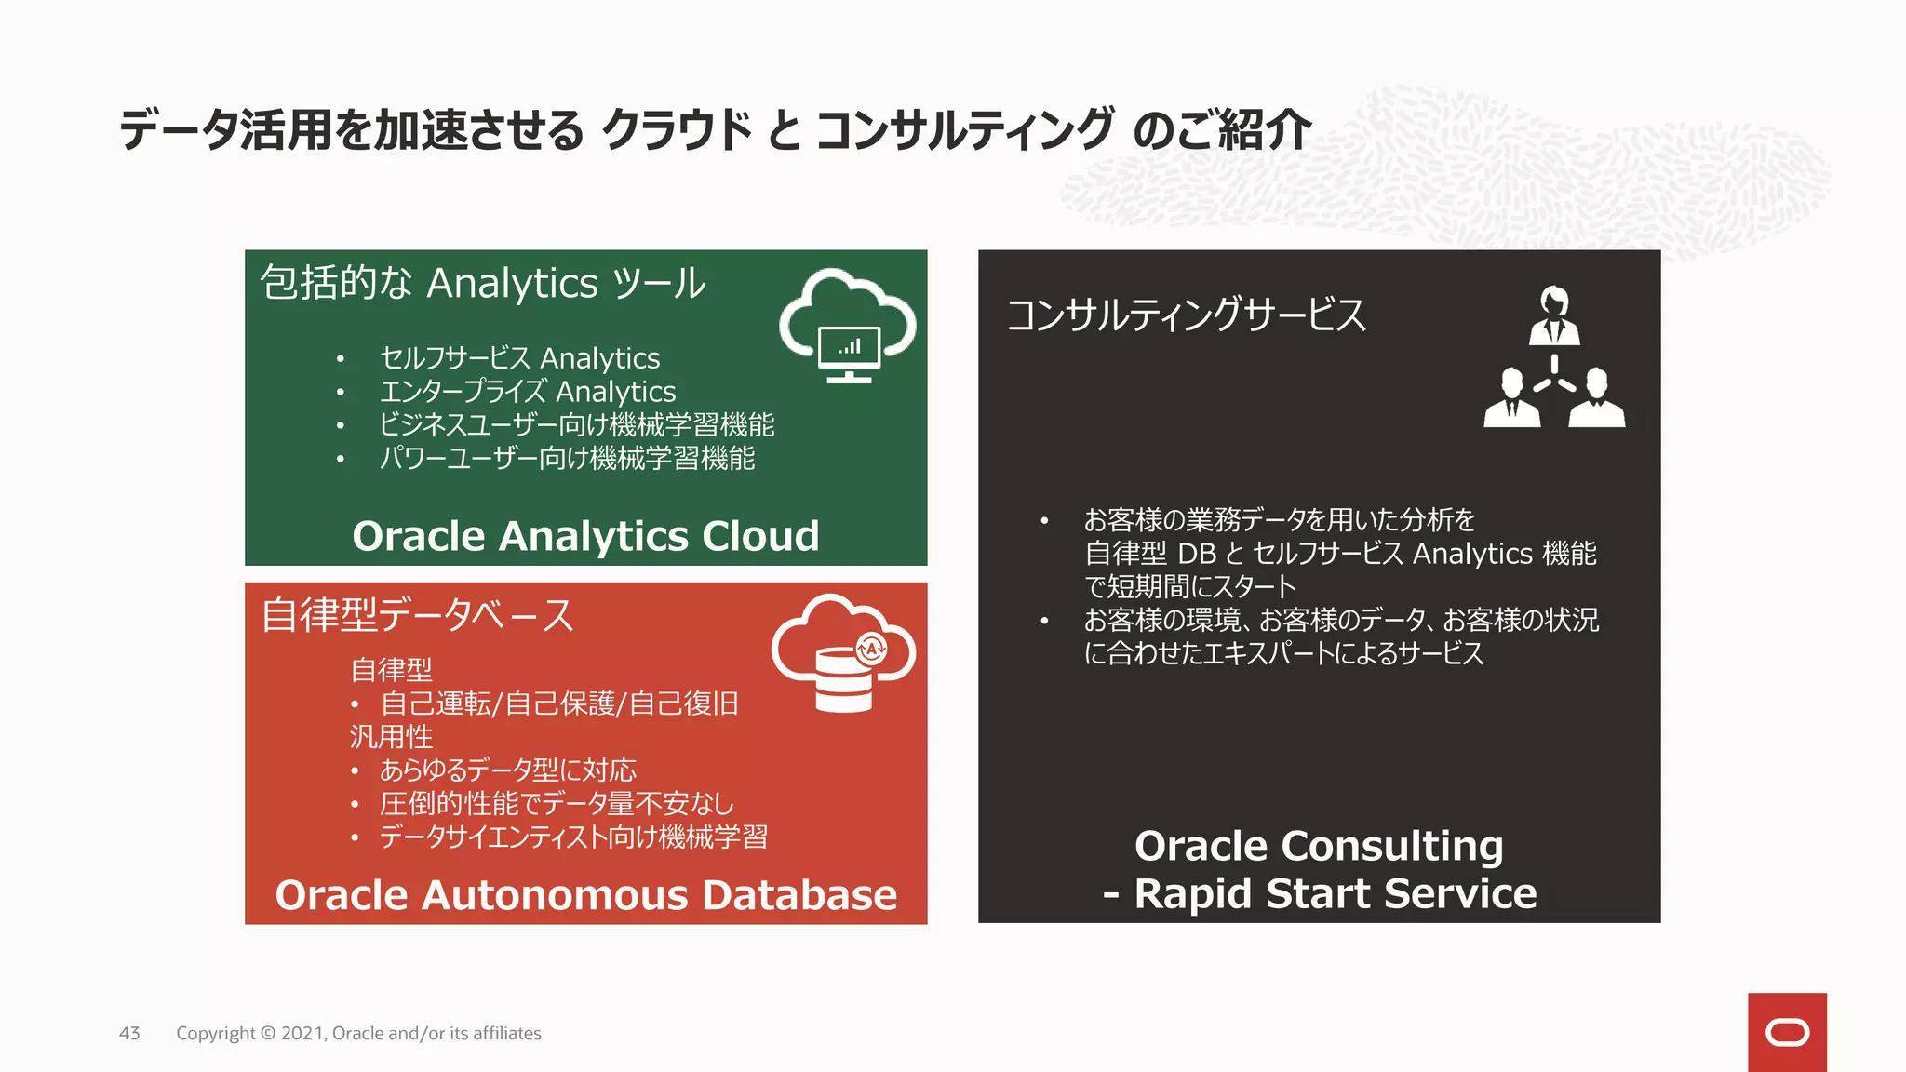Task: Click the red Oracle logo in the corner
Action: pos(1786,1032)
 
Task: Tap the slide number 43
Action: pos(129,1033)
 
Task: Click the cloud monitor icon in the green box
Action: pos(848,326)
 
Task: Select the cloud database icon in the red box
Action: pos(843,653)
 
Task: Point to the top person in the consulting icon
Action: pos(1553,316)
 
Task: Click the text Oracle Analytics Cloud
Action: pos(585,536)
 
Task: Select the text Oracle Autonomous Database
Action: pos(585,895)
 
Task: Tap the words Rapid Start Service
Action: pos(1335,893)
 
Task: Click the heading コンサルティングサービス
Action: pos(1186,315)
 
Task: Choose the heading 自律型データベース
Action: pos(417,615)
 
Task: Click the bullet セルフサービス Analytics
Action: pos(519,358)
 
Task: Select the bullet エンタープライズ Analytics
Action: pos(527,392)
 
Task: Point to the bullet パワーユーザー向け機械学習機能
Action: pos(567,459)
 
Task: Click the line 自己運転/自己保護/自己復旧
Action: pos(558,703)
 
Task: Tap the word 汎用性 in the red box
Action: pos(391,737)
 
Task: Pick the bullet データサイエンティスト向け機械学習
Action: pos(572,837)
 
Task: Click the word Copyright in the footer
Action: pos(215,1033)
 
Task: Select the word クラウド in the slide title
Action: pos(677,129)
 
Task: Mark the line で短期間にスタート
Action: pos(1189,586)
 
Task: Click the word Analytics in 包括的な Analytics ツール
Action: pos(513,283)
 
